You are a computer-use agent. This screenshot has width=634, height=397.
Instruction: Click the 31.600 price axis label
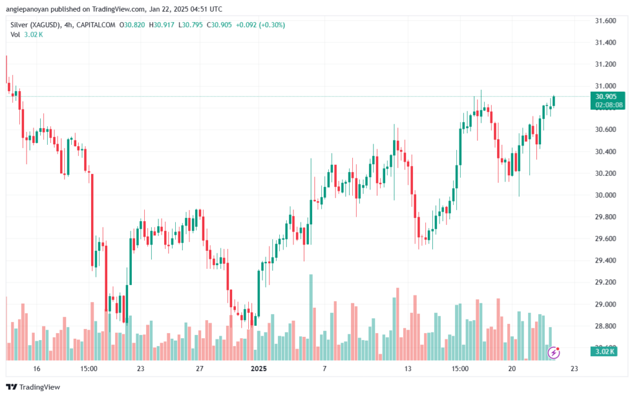click(x=606, y=20)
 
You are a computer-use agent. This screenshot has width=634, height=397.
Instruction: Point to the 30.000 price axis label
click(x=606, y=195)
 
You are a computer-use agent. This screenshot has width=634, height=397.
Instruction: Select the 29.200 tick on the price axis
click(x=606, y=282)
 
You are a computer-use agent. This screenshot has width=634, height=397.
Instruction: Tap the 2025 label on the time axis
click(x=259, y=369)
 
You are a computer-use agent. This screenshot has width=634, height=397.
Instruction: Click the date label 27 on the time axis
click(x=199, y=369)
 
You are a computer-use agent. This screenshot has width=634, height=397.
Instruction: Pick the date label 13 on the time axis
click(x=407, y=369)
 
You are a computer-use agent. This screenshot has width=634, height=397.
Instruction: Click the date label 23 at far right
click(x=574, y=369)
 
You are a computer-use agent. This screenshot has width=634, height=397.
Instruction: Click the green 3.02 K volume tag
click(x=604, y=351)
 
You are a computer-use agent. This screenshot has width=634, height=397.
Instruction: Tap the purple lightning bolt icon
click(x=554, y=352)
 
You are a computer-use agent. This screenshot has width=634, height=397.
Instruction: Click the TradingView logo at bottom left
click(x=33, y=387)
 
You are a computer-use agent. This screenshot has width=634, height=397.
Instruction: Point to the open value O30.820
click(x=132, y=25)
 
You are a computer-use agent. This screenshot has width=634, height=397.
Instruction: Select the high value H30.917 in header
click(x=162, y=25)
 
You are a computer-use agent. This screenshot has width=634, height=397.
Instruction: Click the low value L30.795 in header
click(x=191, y=25)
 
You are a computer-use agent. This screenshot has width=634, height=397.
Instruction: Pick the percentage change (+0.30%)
click(x=272, y=25)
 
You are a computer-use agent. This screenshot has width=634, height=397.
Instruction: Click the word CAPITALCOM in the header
click(x=96, y=25)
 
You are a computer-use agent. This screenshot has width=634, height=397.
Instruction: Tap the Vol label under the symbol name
click(x=15, y=35)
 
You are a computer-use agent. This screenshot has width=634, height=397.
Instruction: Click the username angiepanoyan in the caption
click(x=27, y=9)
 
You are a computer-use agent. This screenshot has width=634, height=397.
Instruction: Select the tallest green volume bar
click(x=311, y=317)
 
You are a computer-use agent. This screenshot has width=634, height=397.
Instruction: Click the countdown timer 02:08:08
click(x=609, y=105)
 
